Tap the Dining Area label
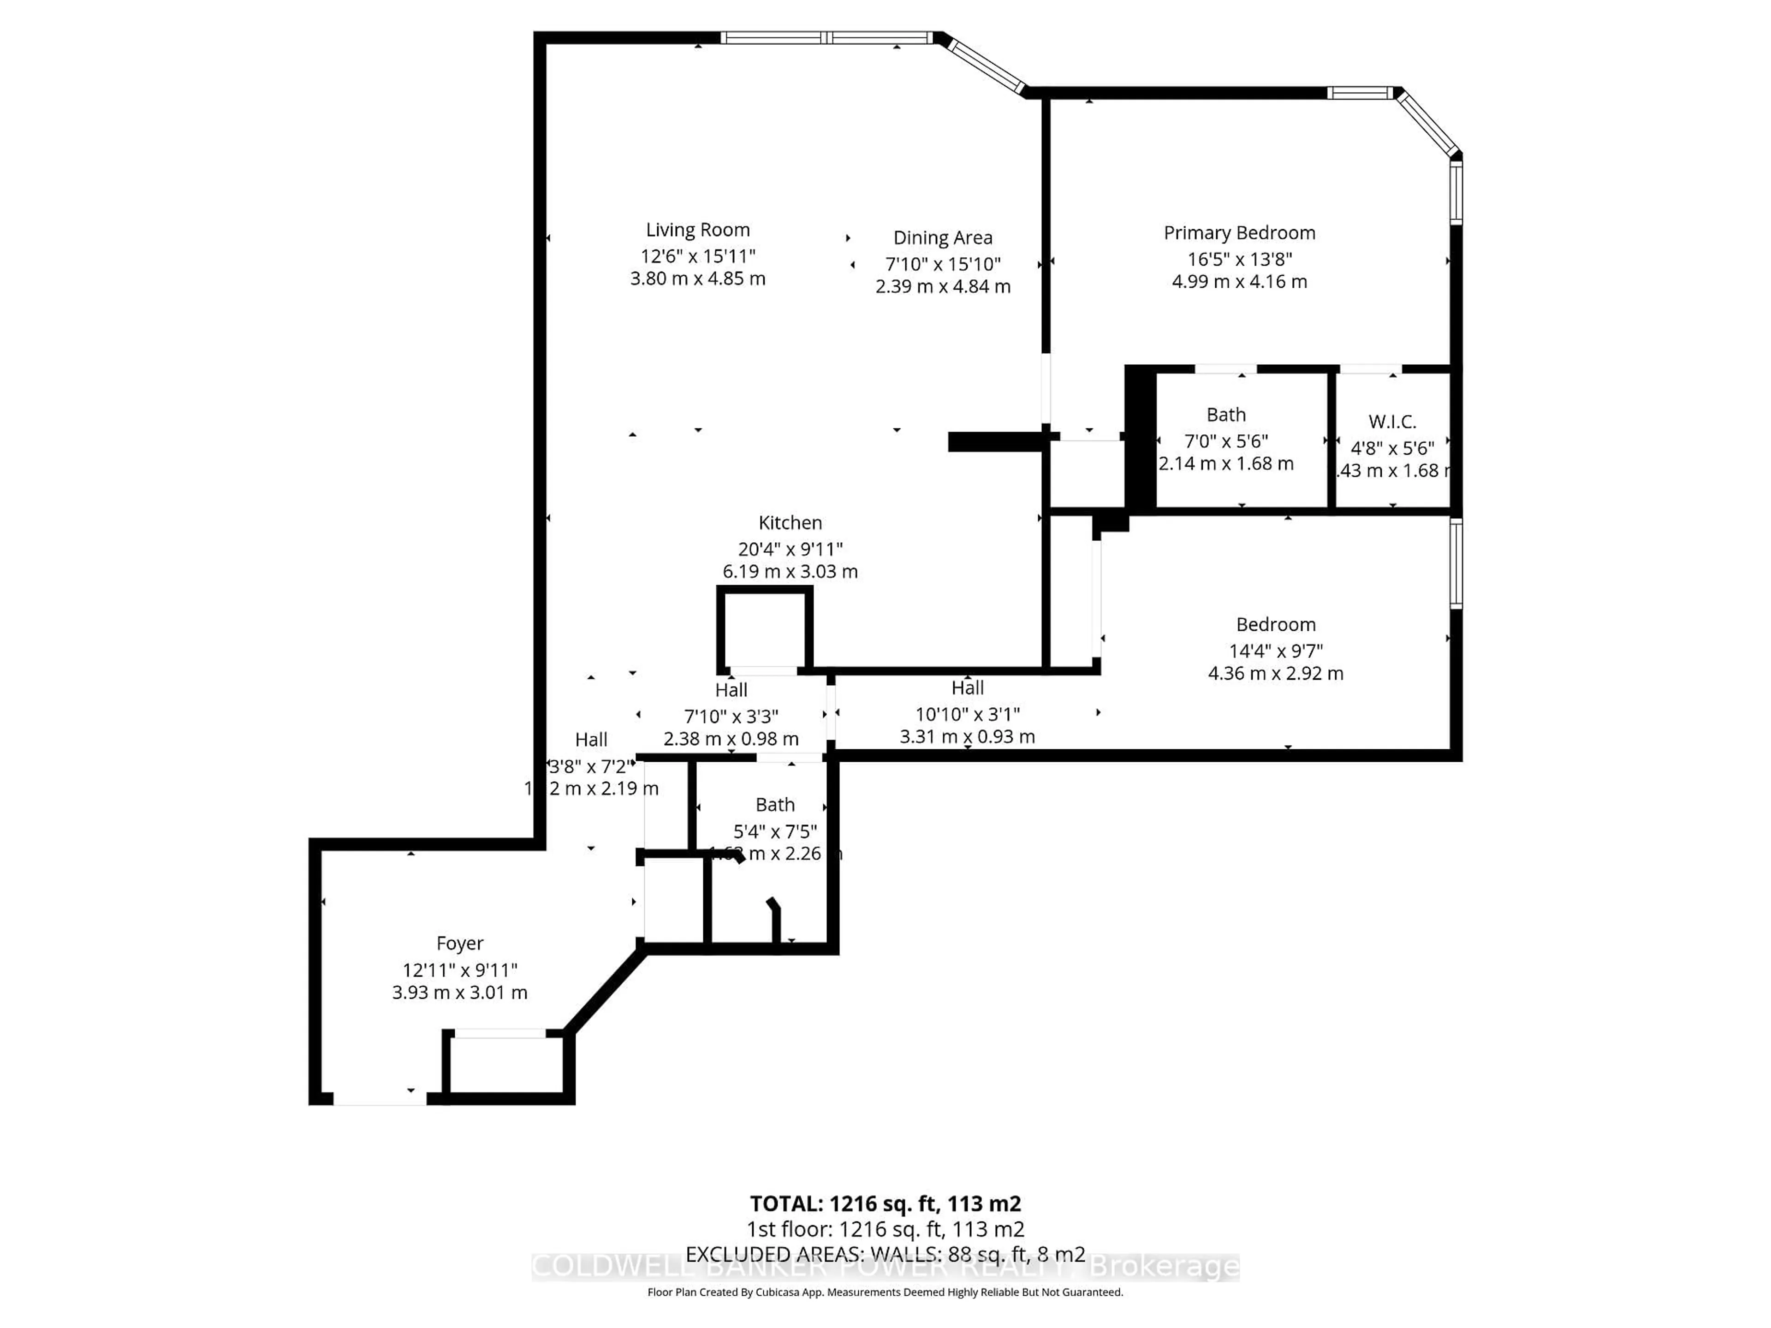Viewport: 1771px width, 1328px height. (x=942, y=238)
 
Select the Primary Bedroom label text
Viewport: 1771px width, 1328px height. (x=1239, y=233)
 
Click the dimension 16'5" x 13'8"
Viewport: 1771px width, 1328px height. (x=1239, y=259)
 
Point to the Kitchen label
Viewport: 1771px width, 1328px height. (x=790, y=523)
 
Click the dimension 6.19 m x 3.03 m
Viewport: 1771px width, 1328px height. (x=790, y=571)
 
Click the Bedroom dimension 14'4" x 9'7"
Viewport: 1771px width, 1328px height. (x=1275, y=651)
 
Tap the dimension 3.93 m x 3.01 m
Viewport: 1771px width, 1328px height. (x=459, y=993)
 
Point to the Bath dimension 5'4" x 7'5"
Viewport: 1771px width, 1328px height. (x=775, y=831)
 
